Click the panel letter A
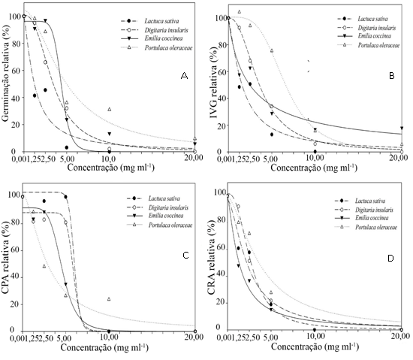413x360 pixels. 184,76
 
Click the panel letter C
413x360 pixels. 184,255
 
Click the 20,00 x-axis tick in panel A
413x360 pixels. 193,159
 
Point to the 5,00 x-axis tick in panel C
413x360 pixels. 66,339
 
